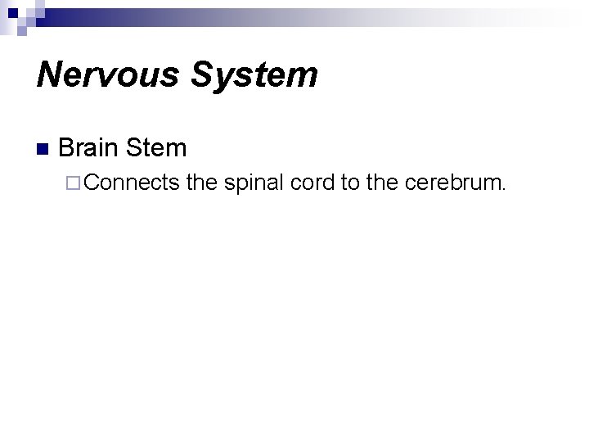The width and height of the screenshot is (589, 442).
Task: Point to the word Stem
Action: pyautogui.click(x=158, y=148)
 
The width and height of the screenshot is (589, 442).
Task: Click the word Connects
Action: pyautogui.click(x=131, y=182)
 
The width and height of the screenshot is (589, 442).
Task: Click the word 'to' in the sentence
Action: pyautogui.click(x=350, y=182)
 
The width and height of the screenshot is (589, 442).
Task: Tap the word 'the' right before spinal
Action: pyautogui.click(x=200, y=182)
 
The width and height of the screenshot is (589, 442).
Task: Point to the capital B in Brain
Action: pyautogui.click(x=67, y=148)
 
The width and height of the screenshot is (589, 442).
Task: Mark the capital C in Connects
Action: pyautogui.click(x=90, y=182)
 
